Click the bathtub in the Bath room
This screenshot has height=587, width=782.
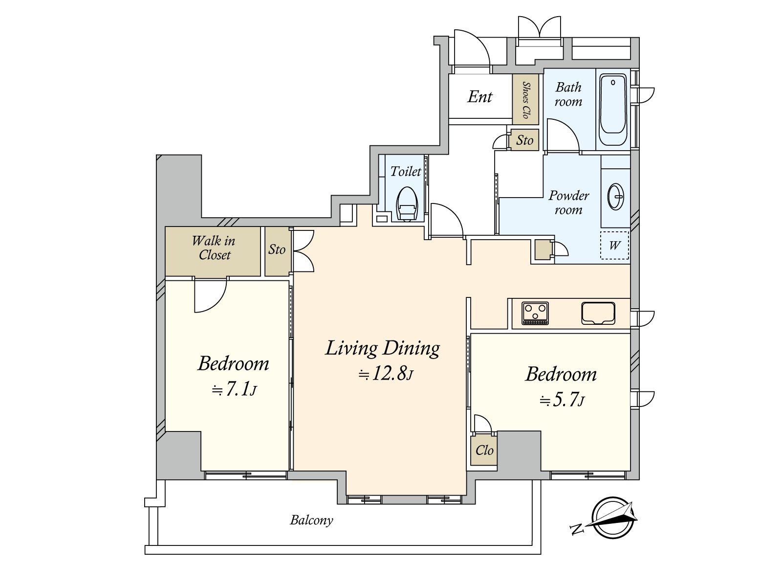[x=613, y=109]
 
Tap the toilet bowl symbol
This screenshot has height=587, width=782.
[x=407, y=204]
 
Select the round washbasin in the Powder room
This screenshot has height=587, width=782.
[x=616, y=196]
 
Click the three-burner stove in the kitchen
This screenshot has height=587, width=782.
[x=535, y=313]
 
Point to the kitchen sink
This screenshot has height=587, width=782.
[x=598, y=313]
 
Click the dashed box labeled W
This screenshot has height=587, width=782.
[x=614, y=245]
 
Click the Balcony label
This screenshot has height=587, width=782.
[x=311, y=520]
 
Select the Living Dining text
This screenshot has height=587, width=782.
[x=383, y=349]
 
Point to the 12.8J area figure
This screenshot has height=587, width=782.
[x=386, y=374]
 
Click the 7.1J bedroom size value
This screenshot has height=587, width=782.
[x=234, y=389]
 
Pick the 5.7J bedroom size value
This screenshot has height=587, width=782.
[x=562, y=400]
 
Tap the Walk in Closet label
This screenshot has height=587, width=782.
[x=214, y=248]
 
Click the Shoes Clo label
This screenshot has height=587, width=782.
[x=525, y=100]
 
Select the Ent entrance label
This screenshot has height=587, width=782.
[x=480, y=96]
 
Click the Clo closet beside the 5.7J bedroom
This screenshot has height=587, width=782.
[x=484, y=450]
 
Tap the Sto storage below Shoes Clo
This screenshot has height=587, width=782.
[x=525, y=140]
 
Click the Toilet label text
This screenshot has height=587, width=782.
[x=406, y=171]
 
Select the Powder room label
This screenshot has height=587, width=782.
[x=568, y=203]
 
